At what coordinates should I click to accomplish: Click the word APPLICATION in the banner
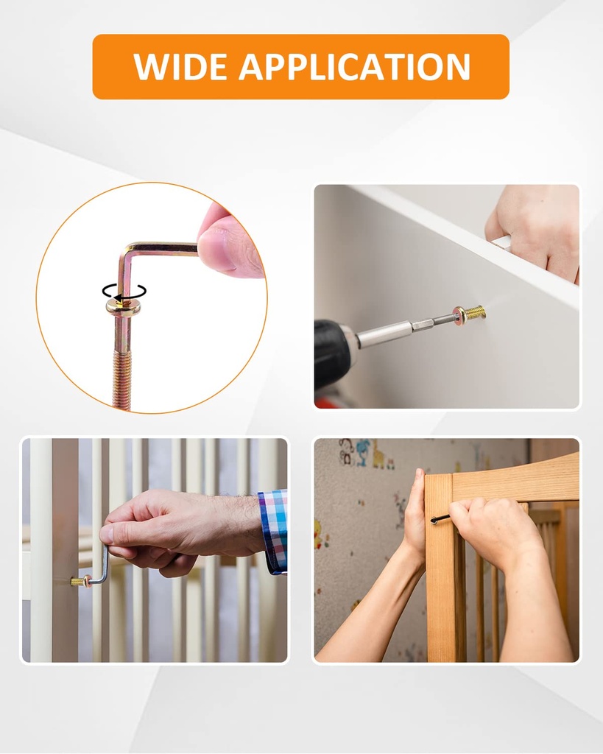tap(354, 67)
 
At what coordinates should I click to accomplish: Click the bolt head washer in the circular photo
tap(122, 305)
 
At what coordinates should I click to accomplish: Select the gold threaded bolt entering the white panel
tap(474, 313)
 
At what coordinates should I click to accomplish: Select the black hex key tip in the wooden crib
tap(440, 519)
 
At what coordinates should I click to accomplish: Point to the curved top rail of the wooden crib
tap(515, 479)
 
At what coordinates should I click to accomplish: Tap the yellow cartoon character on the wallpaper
tap(379, 458)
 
